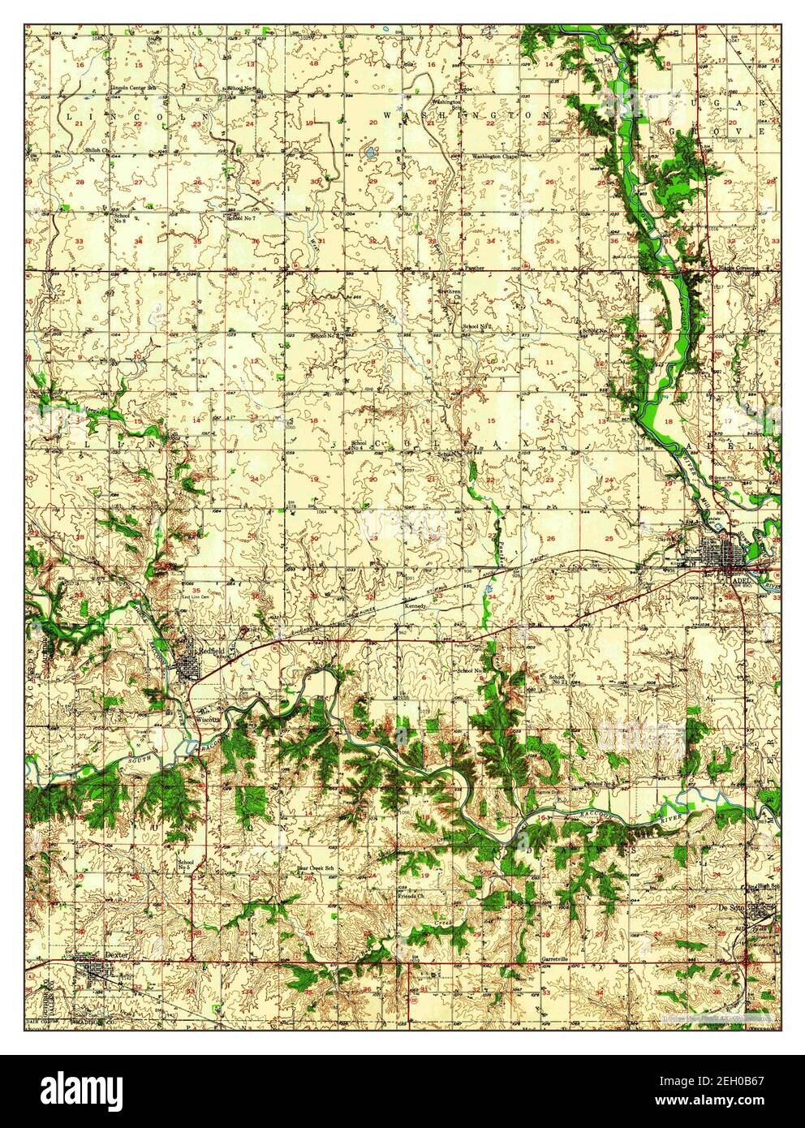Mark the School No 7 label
(x=241, y=218)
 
